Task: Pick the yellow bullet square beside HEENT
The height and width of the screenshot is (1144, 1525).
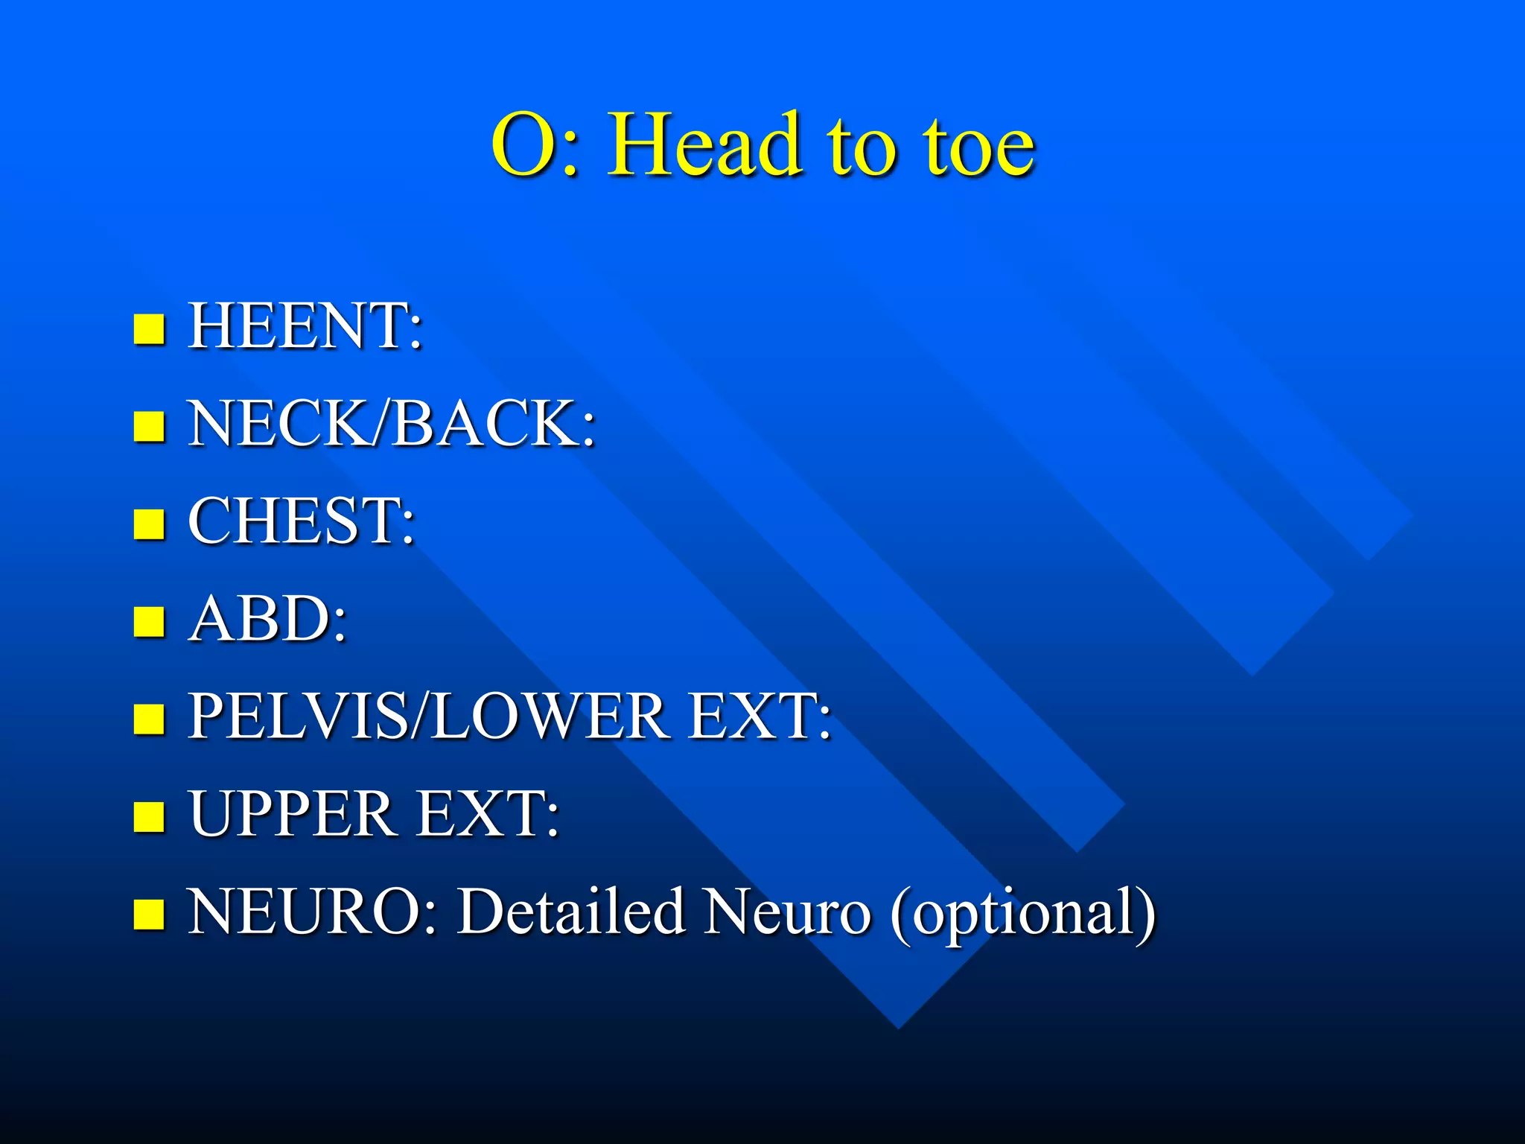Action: [x=149, y=328]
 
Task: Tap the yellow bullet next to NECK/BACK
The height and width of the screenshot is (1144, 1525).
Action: [x=149, y=427]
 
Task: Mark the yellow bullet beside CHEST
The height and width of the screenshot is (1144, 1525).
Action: [x=149, y=524]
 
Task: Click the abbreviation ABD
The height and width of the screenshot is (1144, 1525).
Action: [x=261, y=618]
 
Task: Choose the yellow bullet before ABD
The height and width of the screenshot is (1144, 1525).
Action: [x=149, y=622]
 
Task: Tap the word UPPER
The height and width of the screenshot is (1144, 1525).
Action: [x=290, y=813]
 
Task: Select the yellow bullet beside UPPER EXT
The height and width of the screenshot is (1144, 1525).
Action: [x=149, y=817]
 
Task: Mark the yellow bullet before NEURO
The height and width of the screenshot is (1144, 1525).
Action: [x=149, y=915]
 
